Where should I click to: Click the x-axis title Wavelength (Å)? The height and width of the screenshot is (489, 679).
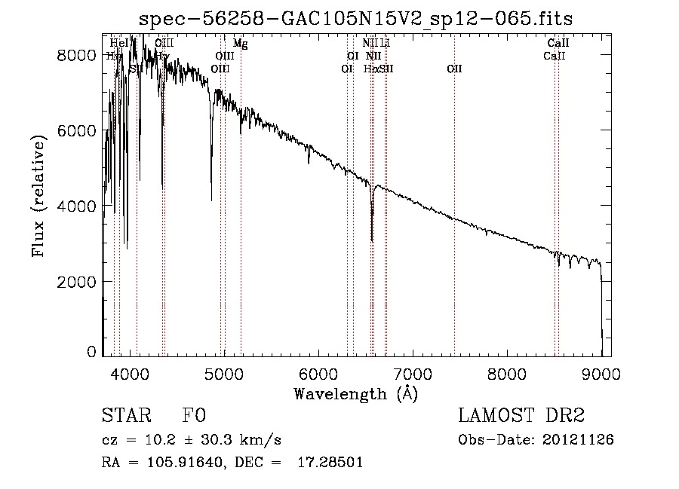355,393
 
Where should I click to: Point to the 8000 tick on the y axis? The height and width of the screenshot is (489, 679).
77,55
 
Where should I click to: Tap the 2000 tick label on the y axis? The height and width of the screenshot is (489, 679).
77,281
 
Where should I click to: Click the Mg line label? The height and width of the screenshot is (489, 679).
240,44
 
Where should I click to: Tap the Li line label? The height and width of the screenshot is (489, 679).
385,44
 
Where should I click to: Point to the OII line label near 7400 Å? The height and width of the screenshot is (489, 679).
454,69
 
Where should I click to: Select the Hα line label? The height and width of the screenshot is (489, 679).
370,69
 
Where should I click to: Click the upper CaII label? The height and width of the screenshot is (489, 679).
558,44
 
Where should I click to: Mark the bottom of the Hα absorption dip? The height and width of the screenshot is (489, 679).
372,240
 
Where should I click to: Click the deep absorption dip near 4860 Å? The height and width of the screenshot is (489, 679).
211,200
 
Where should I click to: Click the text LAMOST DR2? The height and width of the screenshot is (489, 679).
521,415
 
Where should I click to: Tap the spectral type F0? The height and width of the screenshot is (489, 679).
194,415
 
